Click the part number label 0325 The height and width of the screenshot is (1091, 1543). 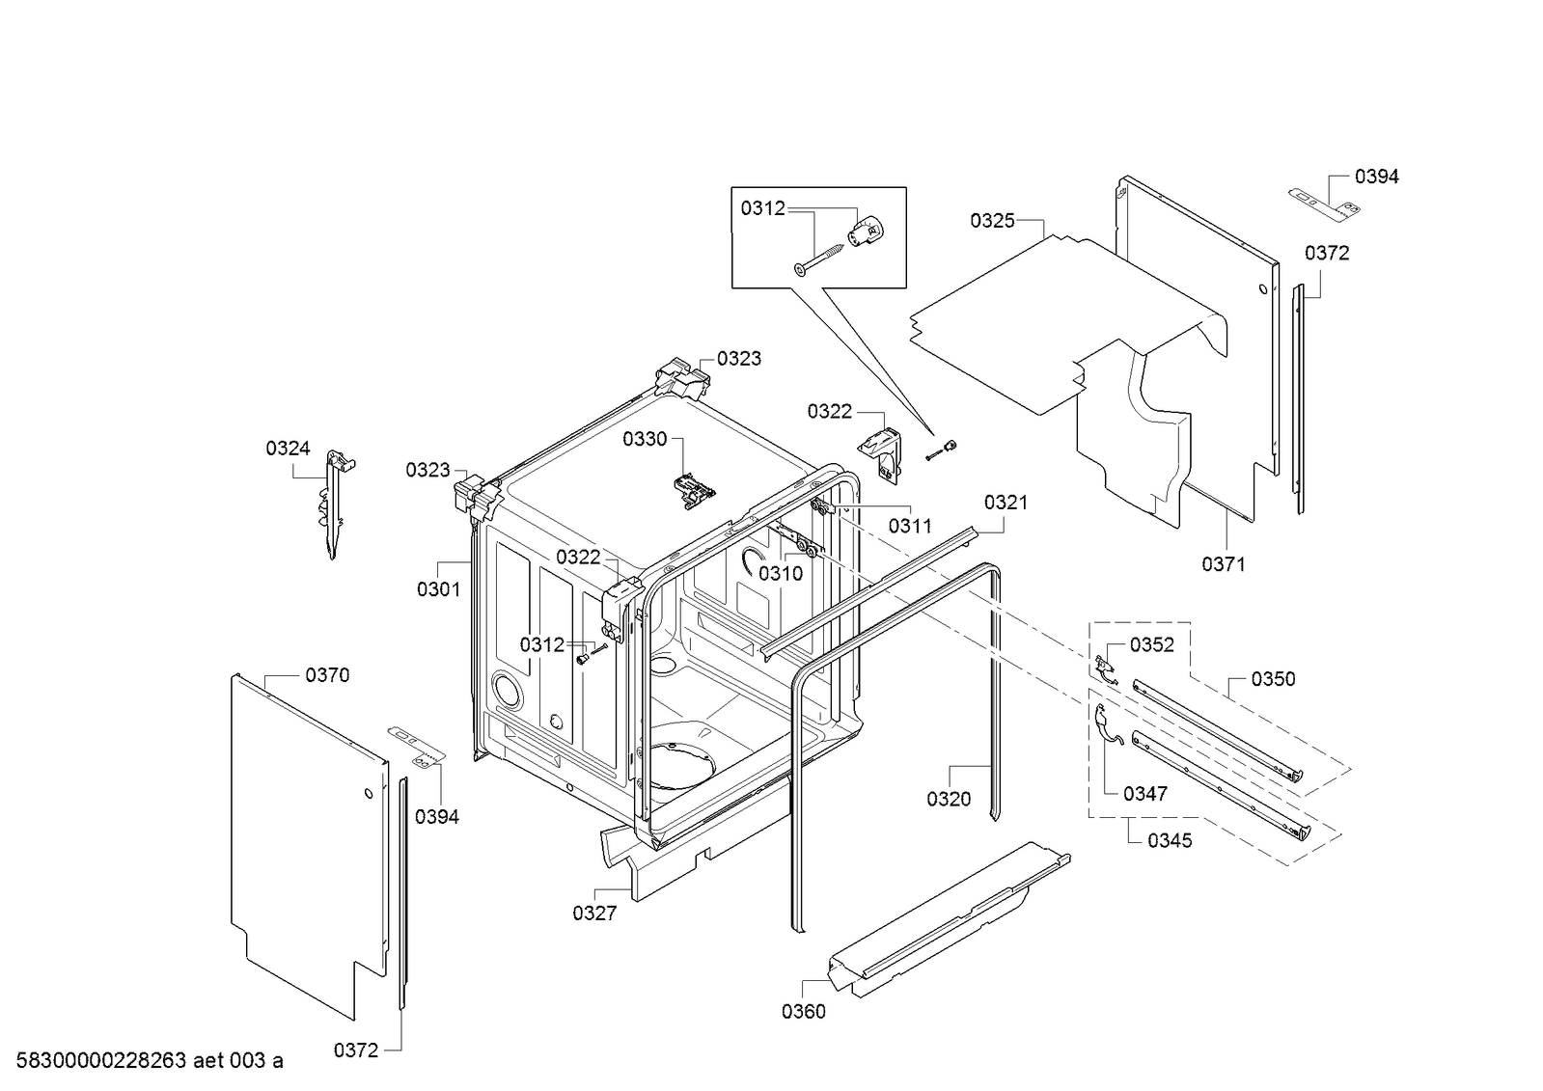[992, 221]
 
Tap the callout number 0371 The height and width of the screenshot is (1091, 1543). [1223, 564]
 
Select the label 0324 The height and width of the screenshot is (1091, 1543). [288, 448]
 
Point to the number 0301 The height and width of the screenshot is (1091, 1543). [438, 588]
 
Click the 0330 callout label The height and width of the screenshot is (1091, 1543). [644, 439]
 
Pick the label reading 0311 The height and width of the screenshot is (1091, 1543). [910, 526]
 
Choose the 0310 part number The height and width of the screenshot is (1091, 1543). [780, 574]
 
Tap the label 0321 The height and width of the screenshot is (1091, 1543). [1006, 502]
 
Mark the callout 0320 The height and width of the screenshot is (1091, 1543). [949, 799]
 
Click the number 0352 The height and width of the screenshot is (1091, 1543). [1152, 644]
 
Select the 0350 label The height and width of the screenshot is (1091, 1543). [1273, 679]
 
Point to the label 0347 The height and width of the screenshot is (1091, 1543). [1145, 794]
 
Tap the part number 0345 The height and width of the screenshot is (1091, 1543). [1170, 841]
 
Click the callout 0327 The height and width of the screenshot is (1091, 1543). [593, 913]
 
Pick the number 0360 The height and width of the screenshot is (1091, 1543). [804, 1011]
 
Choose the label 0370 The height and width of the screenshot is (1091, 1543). [327, 675]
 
